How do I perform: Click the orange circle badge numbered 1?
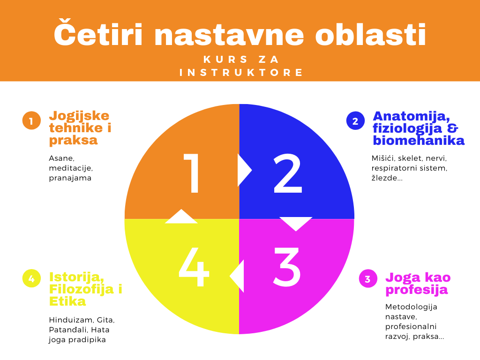coord(31,120)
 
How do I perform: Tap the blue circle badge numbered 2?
coord(355,120)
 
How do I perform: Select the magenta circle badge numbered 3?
coord(368,279)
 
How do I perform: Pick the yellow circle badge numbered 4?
coord(31,279)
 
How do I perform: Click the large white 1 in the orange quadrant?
coord(193,174)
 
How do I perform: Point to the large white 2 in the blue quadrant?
coord(287,174)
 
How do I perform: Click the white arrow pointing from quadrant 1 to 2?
coord(244,170)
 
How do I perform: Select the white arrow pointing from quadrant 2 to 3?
coord(296,223)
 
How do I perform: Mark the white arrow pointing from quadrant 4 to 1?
coord(181,217)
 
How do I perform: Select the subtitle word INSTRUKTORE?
coord(242,73)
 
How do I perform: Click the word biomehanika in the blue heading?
coord(419,141)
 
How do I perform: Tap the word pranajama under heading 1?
coord(70,178)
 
